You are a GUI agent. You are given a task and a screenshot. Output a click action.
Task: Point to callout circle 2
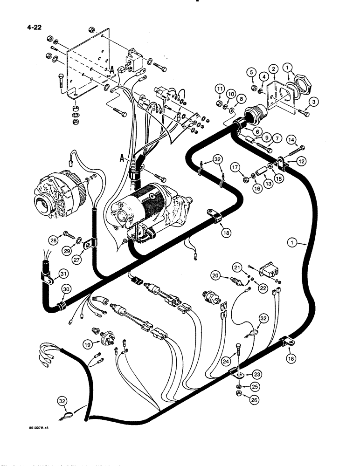274,70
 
